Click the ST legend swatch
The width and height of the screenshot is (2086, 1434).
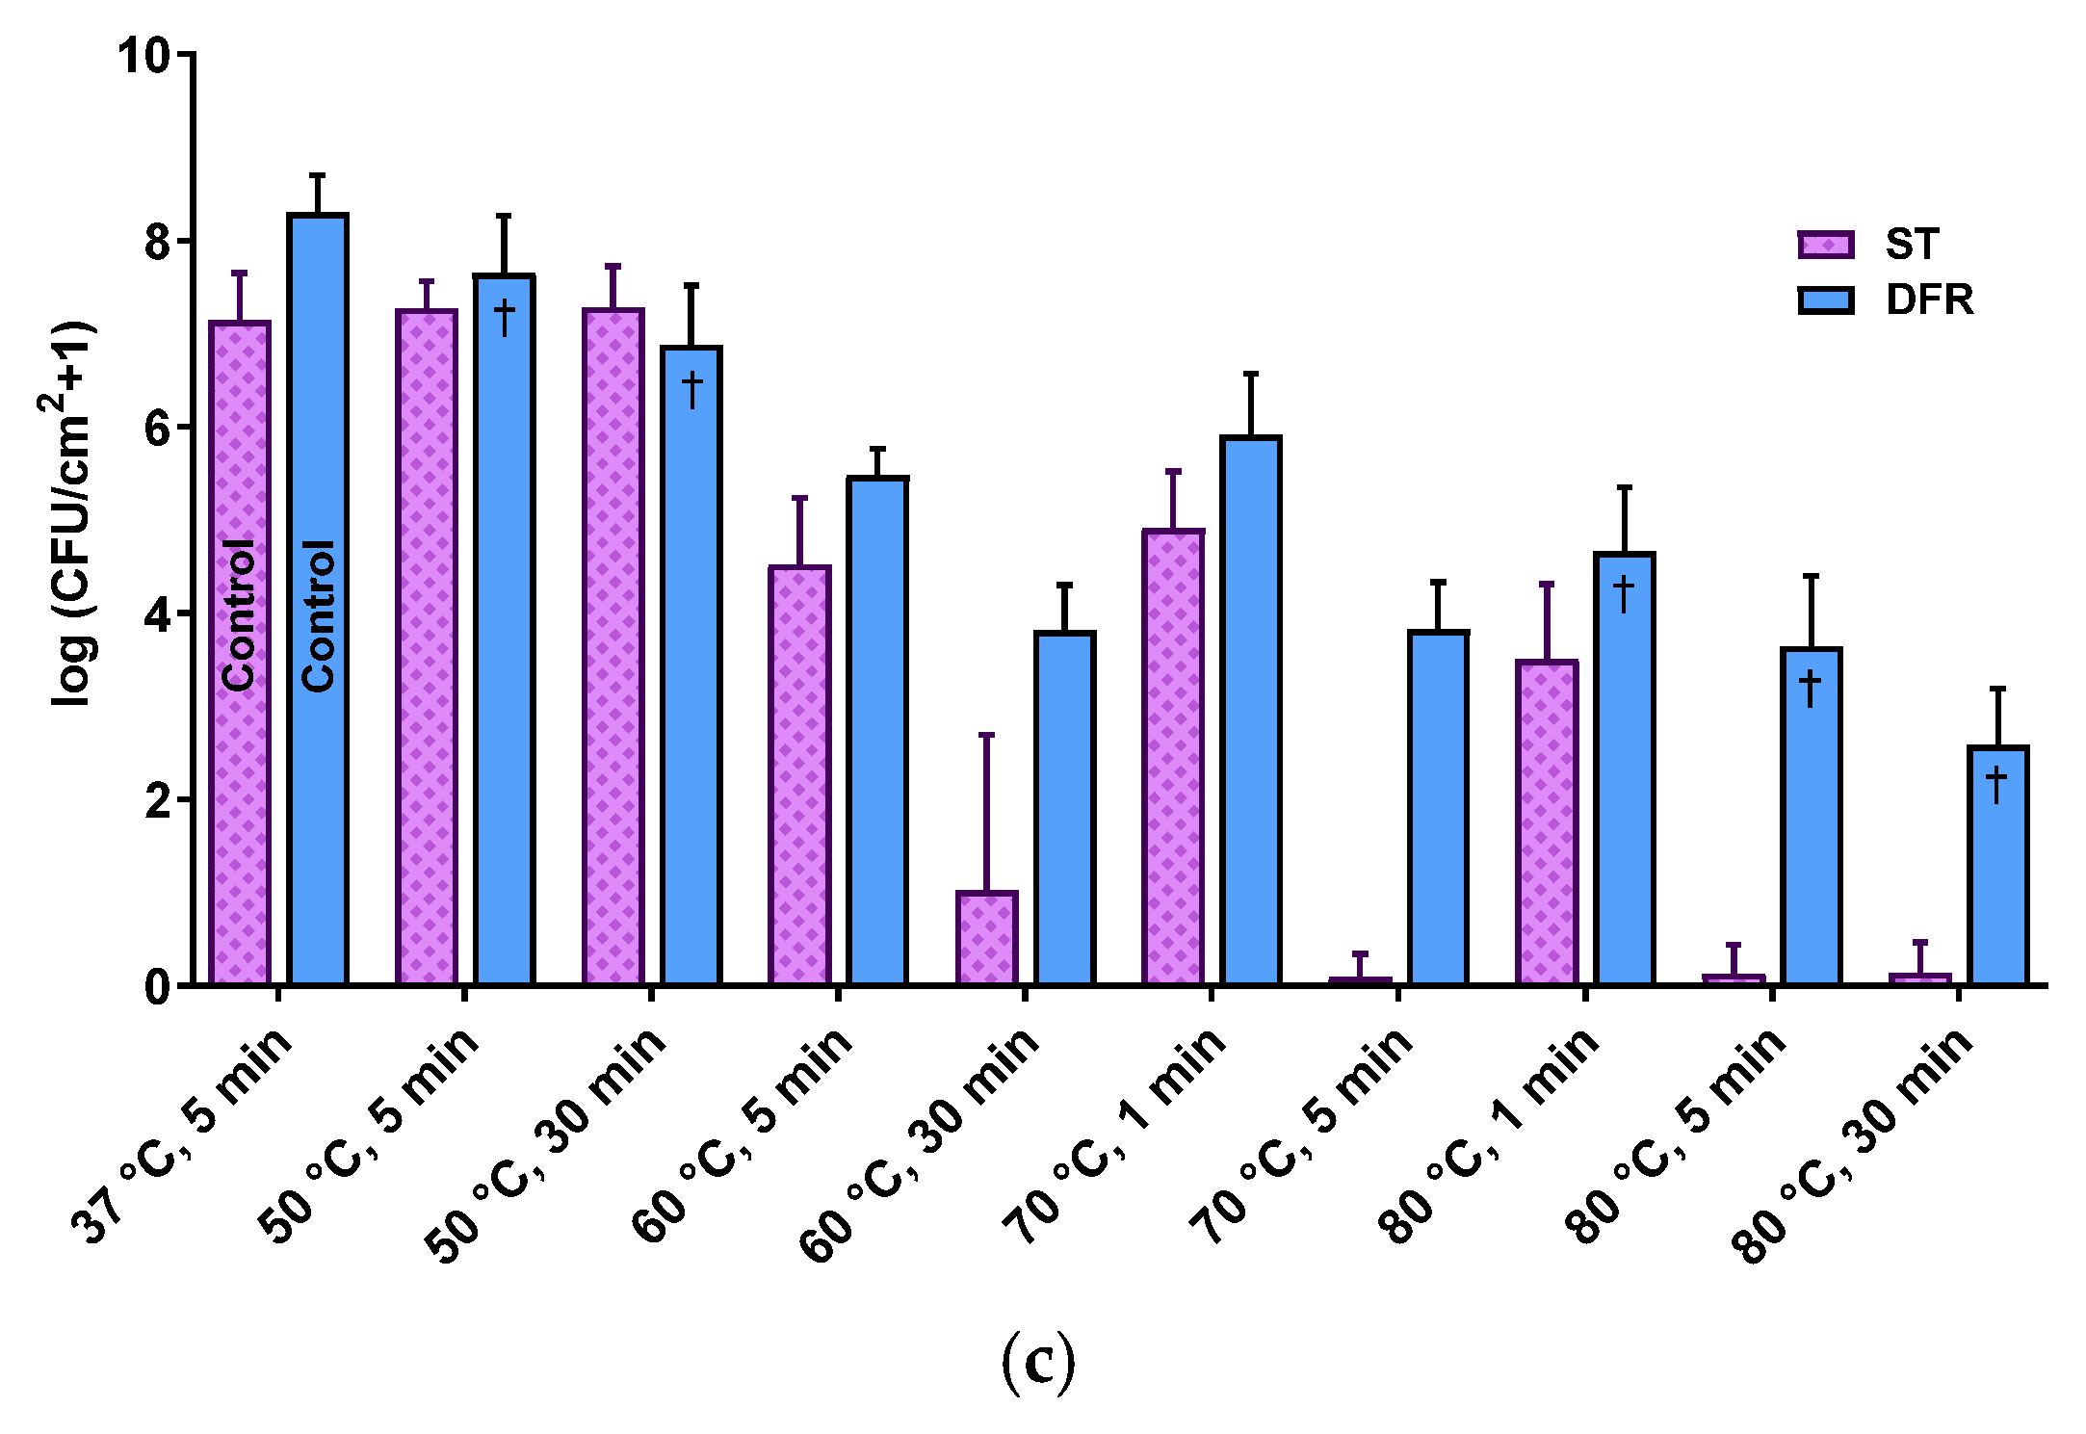click(1825, 245)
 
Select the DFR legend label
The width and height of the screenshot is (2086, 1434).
click(1929, 300)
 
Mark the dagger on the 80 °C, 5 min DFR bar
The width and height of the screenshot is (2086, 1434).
click(1811, 688)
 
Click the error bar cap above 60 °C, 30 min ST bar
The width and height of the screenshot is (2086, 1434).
click(986, 735)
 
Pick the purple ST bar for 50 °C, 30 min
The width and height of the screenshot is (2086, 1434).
click(613, 645)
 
